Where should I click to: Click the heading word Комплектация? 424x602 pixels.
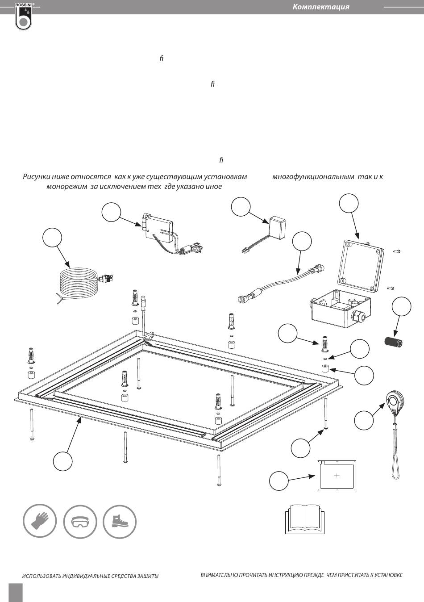click(321, 7)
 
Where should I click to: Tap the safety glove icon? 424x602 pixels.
click(40, 521)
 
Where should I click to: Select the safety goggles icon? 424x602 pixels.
click(80, 521)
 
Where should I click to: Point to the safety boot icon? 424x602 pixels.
click(120, 521)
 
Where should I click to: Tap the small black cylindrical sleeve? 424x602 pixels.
click(394, 343)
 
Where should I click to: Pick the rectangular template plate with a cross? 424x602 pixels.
click(337, 476)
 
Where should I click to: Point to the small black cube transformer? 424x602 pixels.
click(277, 227)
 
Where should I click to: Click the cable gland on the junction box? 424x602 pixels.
click(358, 318)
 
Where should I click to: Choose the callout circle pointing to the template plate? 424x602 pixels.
click(279, 481)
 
